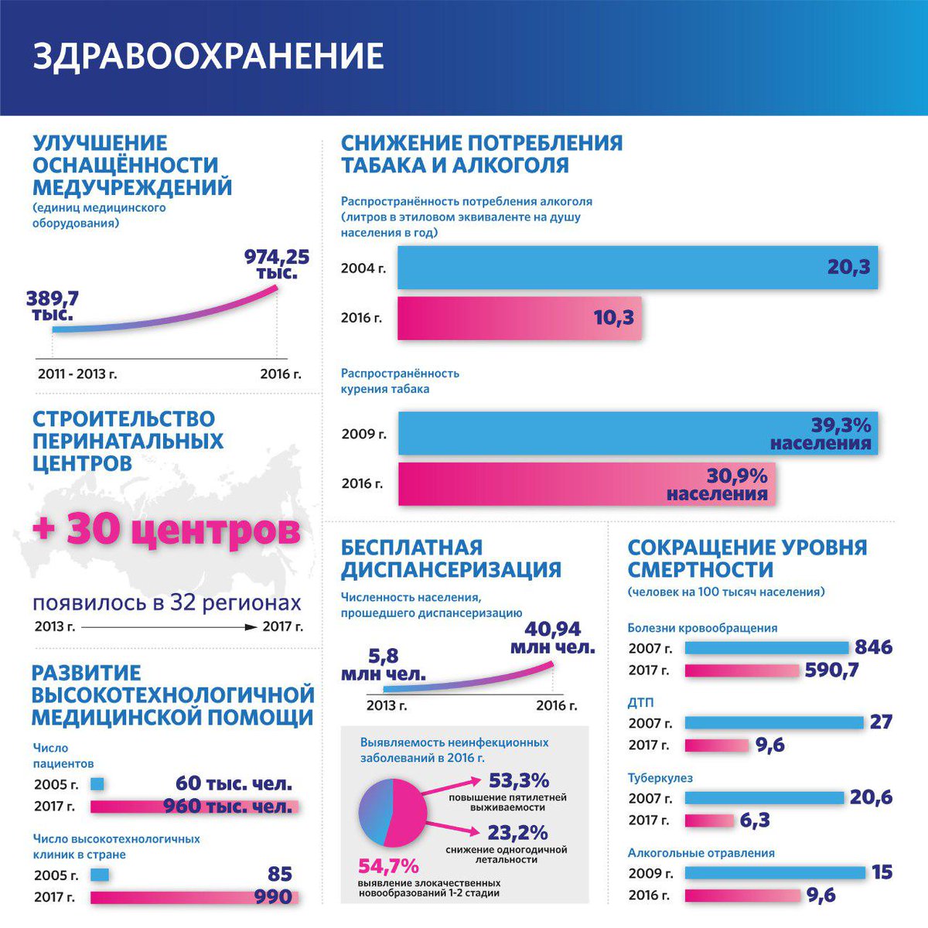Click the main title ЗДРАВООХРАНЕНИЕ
click(x=208, y=56)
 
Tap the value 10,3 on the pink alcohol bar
click(x=613, y=317)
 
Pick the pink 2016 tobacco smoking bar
click(x=541, y=484)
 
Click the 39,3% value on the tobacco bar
click(x=841, y=425)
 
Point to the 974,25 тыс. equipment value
click(x=276, y=264)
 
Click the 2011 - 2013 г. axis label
click(x=77, y=374)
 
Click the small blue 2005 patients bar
click(x=97, y=784)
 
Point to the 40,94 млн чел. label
click(x=552, y=638)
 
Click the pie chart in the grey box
click(x=393, y=812)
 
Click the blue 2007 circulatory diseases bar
click(x=766, y=648)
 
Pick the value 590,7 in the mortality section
click(x=831, y=670)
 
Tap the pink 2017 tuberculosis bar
click(x=709, y=821)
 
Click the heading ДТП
click(x=640, y=703)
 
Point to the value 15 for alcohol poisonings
click(x=882, y=872)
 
